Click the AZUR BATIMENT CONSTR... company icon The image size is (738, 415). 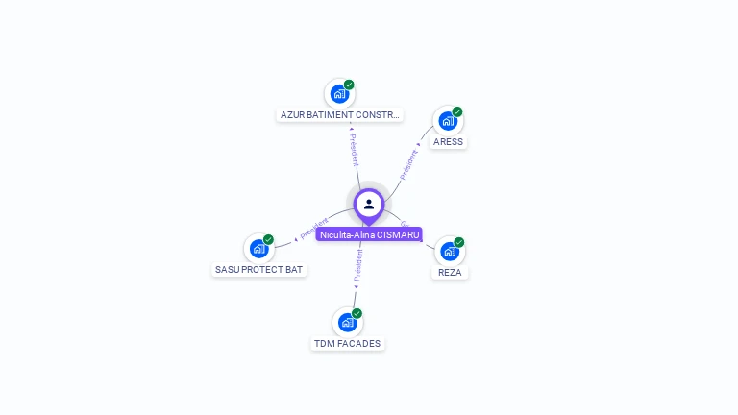coord(338,94)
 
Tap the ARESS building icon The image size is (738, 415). coord(447,121)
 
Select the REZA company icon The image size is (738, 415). coord(449,252)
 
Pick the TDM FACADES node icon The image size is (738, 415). coord(347,323)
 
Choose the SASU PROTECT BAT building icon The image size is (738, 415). coord(258,249)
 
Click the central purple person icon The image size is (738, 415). coord(369,204)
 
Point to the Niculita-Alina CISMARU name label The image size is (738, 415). coord(369,234)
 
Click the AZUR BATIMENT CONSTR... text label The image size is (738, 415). coord(339,115)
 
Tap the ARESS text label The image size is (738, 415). coord(448,142)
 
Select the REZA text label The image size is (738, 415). coord(450,273)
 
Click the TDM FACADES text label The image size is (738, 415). coord(347,344)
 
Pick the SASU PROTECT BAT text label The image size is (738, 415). coord(259,270)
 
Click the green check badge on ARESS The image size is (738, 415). coord(457,111)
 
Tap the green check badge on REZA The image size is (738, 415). coord(459,242)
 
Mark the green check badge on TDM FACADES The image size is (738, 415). coord(357,313)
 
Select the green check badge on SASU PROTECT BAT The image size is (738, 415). coord(268,239)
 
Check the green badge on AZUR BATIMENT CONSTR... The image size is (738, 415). coord(349,85)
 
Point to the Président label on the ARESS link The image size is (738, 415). coord(409,164)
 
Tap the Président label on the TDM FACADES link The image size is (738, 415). coord(357,268)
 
